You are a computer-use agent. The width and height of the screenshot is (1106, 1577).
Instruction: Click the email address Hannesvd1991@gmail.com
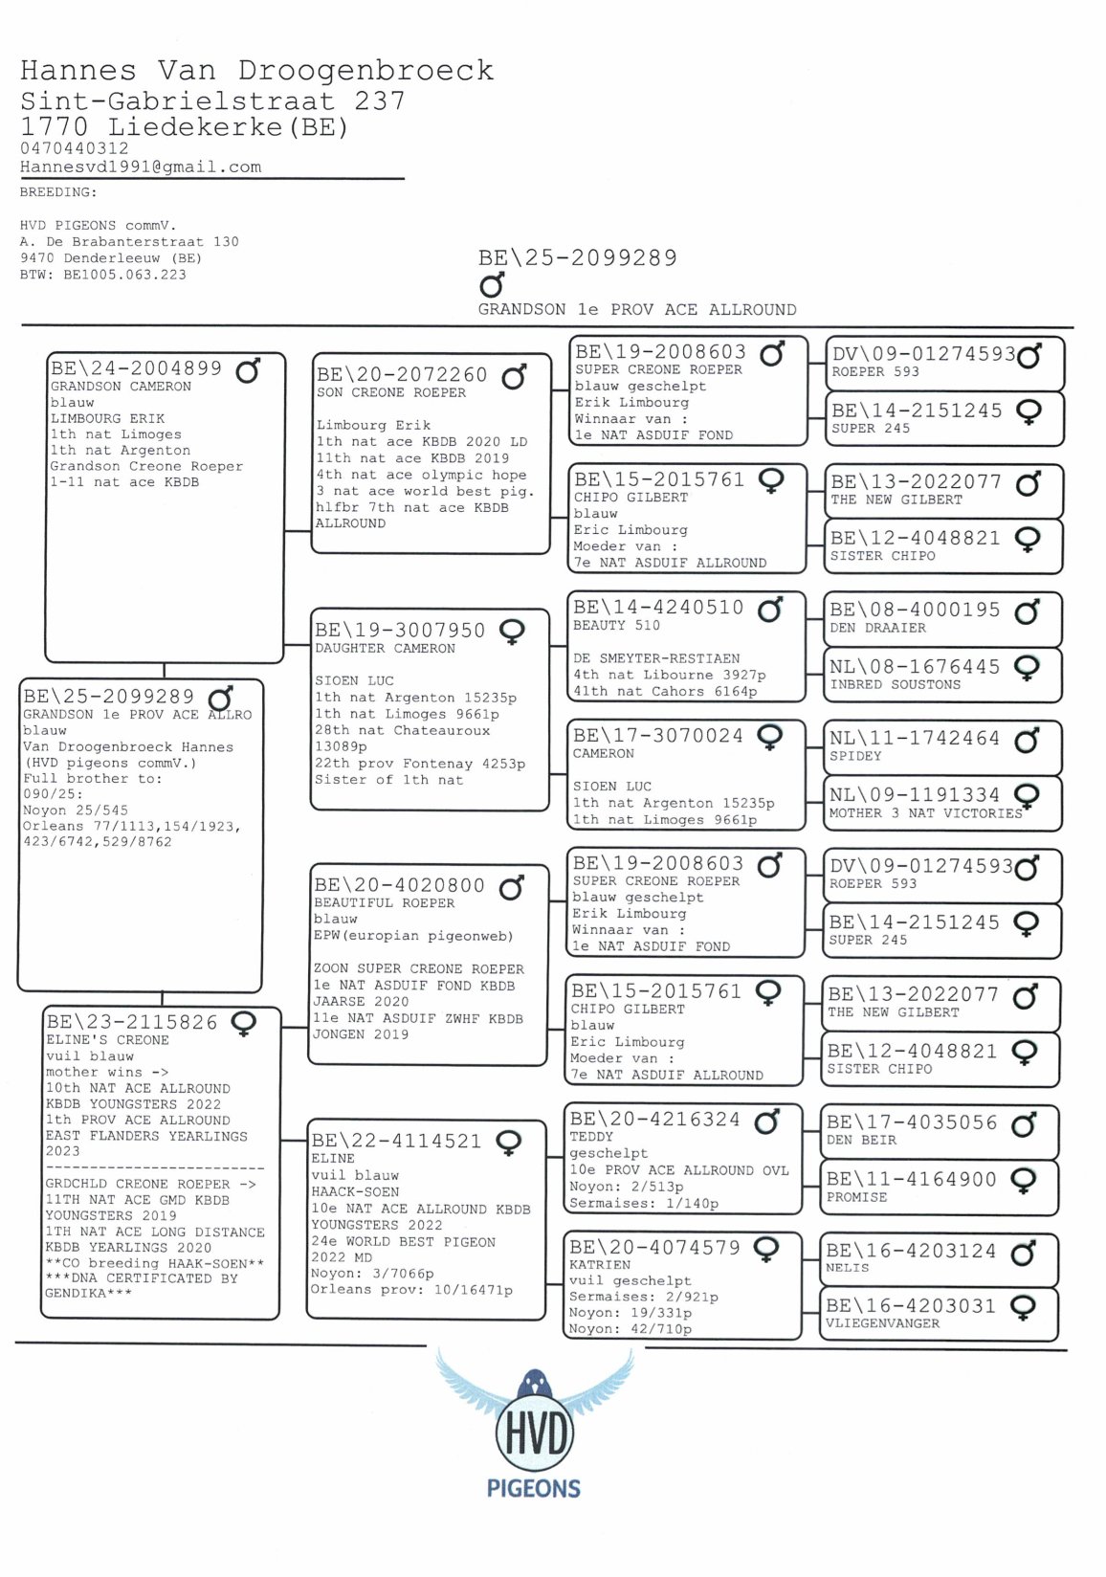(x=141, y=167)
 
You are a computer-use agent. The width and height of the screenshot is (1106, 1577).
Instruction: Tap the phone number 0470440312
(x=74, y=148)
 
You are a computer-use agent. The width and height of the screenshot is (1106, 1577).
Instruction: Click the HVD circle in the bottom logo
(x=534, y=1433)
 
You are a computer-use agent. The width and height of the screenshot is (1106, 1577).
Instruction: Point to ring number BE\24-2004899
(x=136, y=368)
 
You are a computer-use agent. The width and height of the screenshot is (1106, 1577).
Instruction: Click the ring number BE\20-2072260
(x=402, y=375)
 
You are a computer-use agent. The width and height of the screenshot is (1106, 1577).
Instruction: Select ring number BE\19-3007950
(x=400, y=631)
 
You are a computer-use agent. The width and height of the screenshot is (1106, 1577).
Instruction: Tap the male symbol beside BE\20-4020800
(x=512, y=888)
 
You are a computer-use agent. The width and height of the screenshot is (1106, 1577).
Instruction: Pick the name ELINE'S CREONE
(x=107, y=1040)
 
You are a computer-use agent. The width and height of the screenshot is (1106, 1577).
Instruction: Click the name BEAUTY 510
(x=616, y=626)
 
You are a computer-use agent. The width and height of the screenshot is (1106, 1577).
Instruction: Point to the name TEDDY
(x=591, y=1137)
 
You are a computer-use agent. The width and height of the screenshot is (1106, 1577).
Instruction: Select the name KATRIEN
(x=600, y=1264)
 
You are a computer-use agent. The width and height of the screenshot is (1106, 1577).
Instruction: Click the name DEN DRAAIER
(x=877, y=629)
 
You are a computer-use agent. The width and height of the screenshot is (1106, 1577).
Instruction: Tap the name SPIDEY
(x=855, y=756)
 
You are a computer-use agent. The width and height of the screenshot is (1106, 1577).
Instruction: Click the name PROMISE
(x=856, y=1197)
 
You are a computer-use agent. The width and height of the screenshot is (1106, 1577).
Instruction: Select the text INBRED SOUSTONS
(x=895, y=685)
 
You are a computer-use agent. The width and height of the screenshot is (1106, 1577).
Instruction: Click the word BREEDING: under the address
(x=58, y=192)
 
